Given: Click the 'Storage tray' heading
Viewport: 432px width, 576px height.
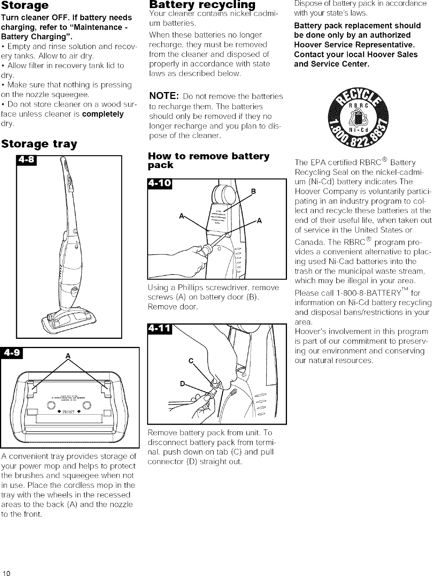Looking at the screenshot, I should click(x=39, y=144).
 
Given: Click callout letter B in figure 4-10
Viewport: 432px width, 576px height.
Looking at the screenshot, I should click(x=254, y=191).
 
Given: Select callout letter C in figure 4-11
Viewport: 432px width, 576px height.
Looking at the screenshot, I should click(x=190, y=361).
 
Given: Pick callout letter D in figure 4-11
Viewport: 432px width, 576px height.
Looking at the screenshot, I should click(x=183, y=384).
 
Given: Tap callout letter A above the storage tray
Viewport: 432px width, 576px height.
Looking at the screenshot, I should click(x=68, y=356).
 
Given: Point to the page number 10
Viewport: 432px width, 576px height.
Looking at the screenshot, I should click(x=5, y=571).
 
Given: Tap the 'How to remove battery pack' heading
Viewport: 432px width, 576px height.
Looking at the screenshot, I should click(x=208, y=161).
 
